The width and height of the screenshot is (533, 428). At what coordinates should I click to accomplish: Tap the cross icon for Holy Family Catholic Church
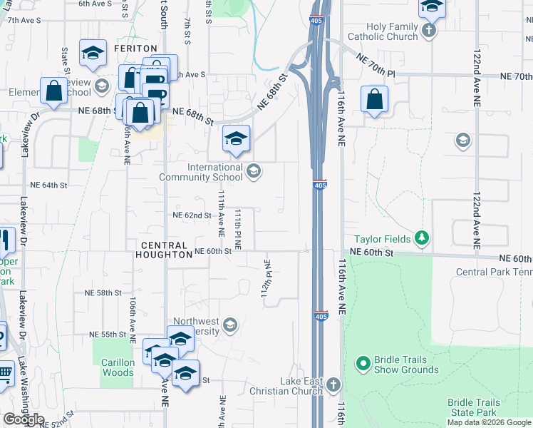[428, 31]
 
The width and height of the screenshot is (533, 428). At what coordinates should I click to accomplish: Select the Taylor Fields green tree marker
[422, 238]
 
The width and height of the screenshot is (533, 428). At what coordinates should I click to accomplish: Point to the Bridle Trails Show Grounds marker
[363, 364]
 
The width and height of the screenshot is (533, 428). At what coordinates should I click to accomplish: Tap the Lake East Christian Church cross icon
[333, 386]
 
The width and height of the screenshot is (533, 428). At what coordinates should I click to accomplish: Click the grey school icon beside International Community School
[253, 170]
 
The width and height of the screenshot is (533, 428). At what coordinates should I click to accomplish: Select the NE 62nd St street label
[192, 215]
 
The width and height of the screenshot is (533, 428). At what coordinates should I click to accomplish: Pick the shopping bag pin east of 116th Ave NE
[374, 101]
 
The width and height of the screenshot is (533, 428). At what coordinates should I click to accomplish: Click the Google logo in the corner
[24, 419]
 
